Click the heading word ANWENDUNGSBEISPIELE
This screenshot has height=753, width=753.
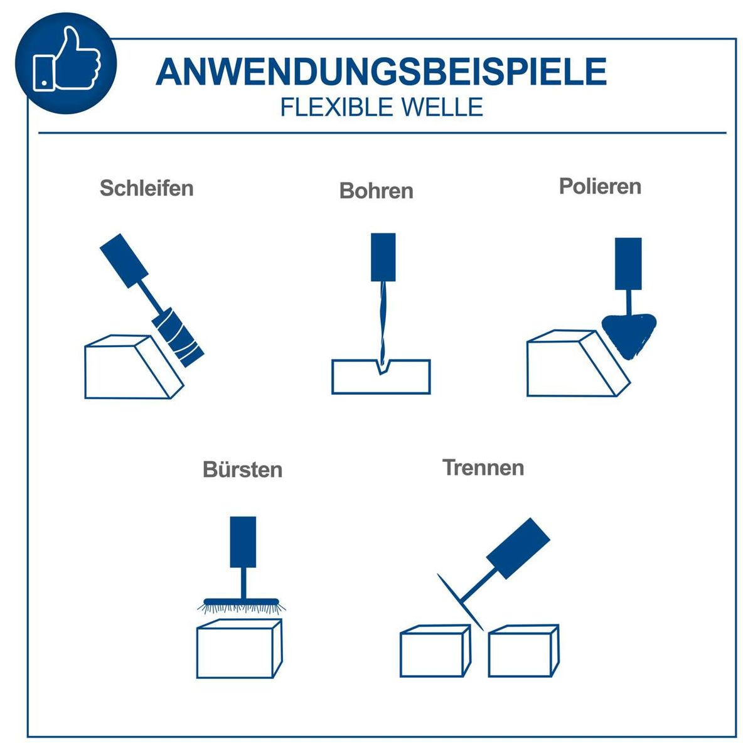click(x=381, y=72)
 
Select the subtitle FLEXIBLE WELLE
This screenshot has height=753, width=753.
click(x=381, y=107)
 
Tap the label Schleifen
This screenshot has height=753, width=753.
click(x=146, y=188)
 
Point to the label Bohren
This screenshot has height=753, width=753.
click(x=376, y=190)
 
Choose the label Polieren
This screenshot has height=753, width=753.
click(x=600, y=186)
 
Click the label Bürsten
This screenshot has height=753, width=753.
click(x=242, y=469)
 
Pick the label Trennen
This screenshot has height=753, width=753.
click(x=483, y=467)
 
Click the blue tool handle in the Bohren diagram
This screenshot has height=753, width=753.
click(x=383, y=257)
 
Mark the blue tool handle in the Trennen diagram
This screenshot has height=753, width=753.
click(x=518, y=547)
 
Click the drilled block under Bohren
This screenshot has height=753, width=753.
click(x=381, y=380)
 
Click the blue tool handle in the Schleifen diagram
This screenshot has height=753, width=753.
click(x=124, y=260)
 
